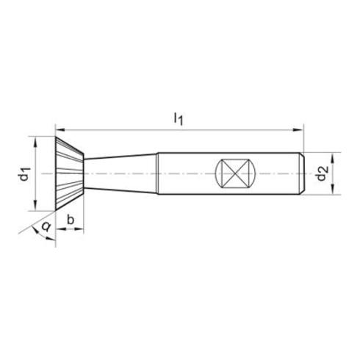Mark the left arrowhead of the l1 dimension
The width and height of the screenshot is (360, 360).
coord(61,129)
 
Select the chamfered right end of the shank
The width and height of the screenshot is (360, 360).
coord(301,174)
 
